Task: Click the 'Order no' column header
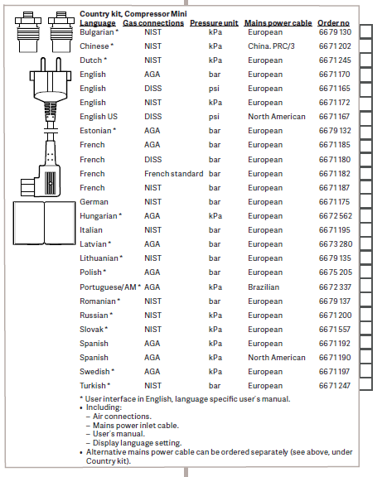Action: coord(333,23)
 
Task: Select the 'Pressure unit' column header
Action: coord(214,23)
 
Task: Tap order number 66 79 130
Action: coord(335,32)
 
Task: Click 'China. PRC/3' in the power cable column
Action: coord(271,46)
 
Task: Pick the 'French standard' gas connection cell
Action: coord(173,174)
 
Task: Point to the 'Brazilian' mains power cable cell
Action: coord(264,287)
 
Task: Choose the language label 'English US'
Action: coord(99,117)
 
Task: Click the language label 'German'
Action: coord(94,202)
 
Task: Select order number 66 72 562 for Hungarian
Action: coord(336,216)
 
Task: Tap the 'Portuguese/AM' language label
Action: coord(108,287)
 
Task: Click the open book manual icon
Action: coord(44,223)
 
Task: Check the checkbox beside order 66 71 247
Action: coord(366,384)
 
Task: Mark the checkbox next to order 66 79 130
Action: coord(366,31)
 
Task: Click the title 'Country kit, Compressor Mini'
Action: coord(133,14)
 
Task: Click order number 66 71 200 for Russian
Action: coord(335,316)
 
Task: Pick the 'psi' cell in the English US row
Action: coord(214,117)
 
